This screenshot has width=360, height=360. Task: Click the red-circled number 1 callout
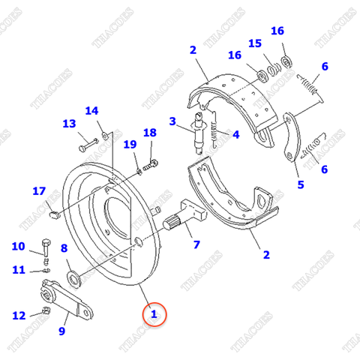pos(154,315)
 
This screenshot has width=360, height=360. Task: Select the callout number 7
pos(196,244)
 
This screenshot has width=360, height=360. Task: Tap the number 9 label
pos(63,330)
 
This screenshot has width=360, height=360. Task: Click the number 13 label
pos(69,124)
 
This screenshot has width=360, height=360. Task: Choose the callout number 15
pos(255,43)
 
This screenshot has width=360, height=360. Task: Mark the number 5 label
pos(300,184)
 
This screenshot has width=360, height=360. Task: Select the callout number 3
pos(172,121)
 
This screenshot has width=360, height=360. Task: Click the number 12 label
pos(18,315)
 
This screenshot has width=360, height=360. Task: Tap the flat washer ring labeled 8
pos(75,280)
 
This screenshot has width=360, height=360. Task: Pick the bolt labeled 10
pos(46,247)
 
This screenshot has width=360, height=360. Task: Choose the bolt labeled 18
pos(153,162)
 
